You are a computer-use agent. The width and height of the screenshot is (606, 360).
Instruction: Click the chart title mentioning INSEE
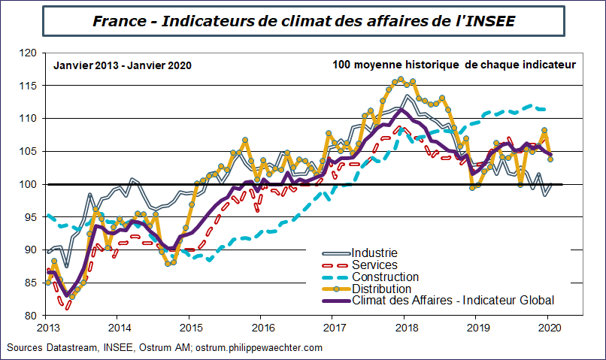[x=303, y=21]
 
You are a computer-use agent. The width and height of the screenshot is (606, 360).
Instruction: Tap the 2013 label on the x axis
[x=47, y=328]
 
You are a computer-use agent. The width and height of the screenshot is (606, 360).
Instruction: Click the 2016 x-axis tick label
[x=262, y=328]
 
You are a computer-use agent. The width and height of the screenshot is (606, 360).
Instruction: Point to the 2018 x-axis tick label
[x=407, y=328]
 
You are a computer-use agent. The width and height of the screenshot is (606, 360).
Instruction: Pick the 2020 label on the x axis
[x=550, y=328]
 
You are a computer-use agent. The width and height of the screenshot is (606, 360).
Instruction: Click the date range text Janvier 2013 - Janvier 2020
[x=123, y=65]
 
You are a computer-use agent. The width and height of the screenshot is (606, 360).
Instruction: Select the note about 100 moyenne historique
[x=453, y=65]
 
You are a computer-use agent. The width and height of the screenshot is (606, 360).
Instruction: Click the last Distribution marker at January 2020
[x=550, y=159]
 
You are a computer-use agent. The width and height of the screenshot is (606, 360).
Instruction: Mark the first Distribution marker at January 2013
[x=48, y=283]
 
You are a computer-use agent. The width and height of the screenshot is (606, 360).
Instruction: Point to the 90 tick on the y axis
[x=29, y=250]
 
